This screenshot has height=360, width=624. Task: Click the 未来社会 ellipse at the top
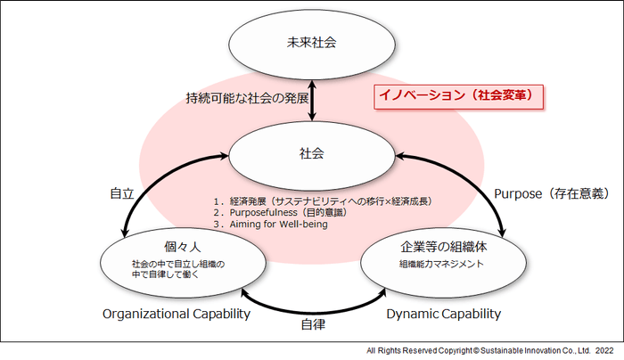(x=312, y=43)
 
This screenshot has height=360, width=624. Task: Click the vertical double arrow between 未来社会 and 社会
(x=312, y=98)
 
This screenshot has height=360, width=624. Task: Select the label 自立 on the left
(x=122, y=193)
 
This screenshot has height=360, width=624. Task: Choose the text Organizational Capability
(x=175, y=314)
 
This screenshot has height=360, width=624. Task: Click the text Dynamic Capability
(x=443, y=314)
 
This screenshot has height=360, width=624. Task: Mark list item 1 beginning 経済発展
(x=321, y=201)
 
